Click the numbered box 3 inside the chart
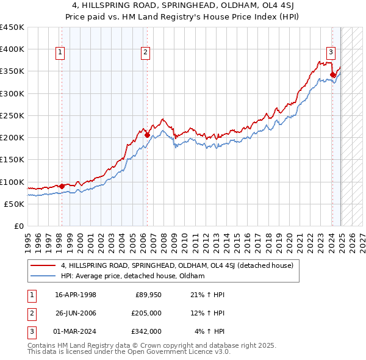(x=331, y=53)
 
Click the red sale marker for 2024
(x=332, y=75)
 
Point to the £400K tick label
(x=12, y=49)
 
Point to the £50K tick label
(x=14, y=204)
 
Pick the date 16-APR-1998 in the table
(x=76, y=295)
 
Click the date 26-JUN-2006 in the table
(x=76, y=313)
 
